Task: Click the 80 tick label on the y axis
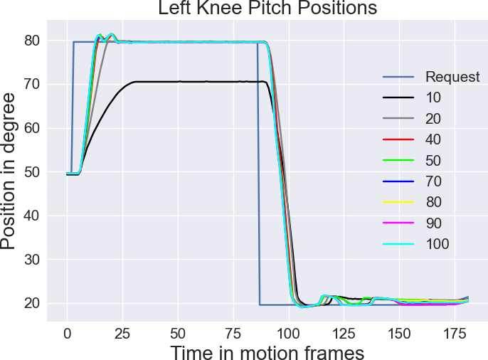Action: pos(33,41)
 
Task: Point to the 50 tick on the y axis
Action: pos(33,172)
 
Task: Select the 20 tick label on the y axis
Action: pos(33,304)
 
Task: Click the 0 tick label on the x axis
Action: pos(67,333)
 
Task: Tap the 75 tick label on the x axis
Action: pos(233,333)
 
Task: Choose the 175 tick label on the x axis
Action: pos(454,333)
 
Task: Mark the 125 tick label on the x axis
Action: pos(344,333)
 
